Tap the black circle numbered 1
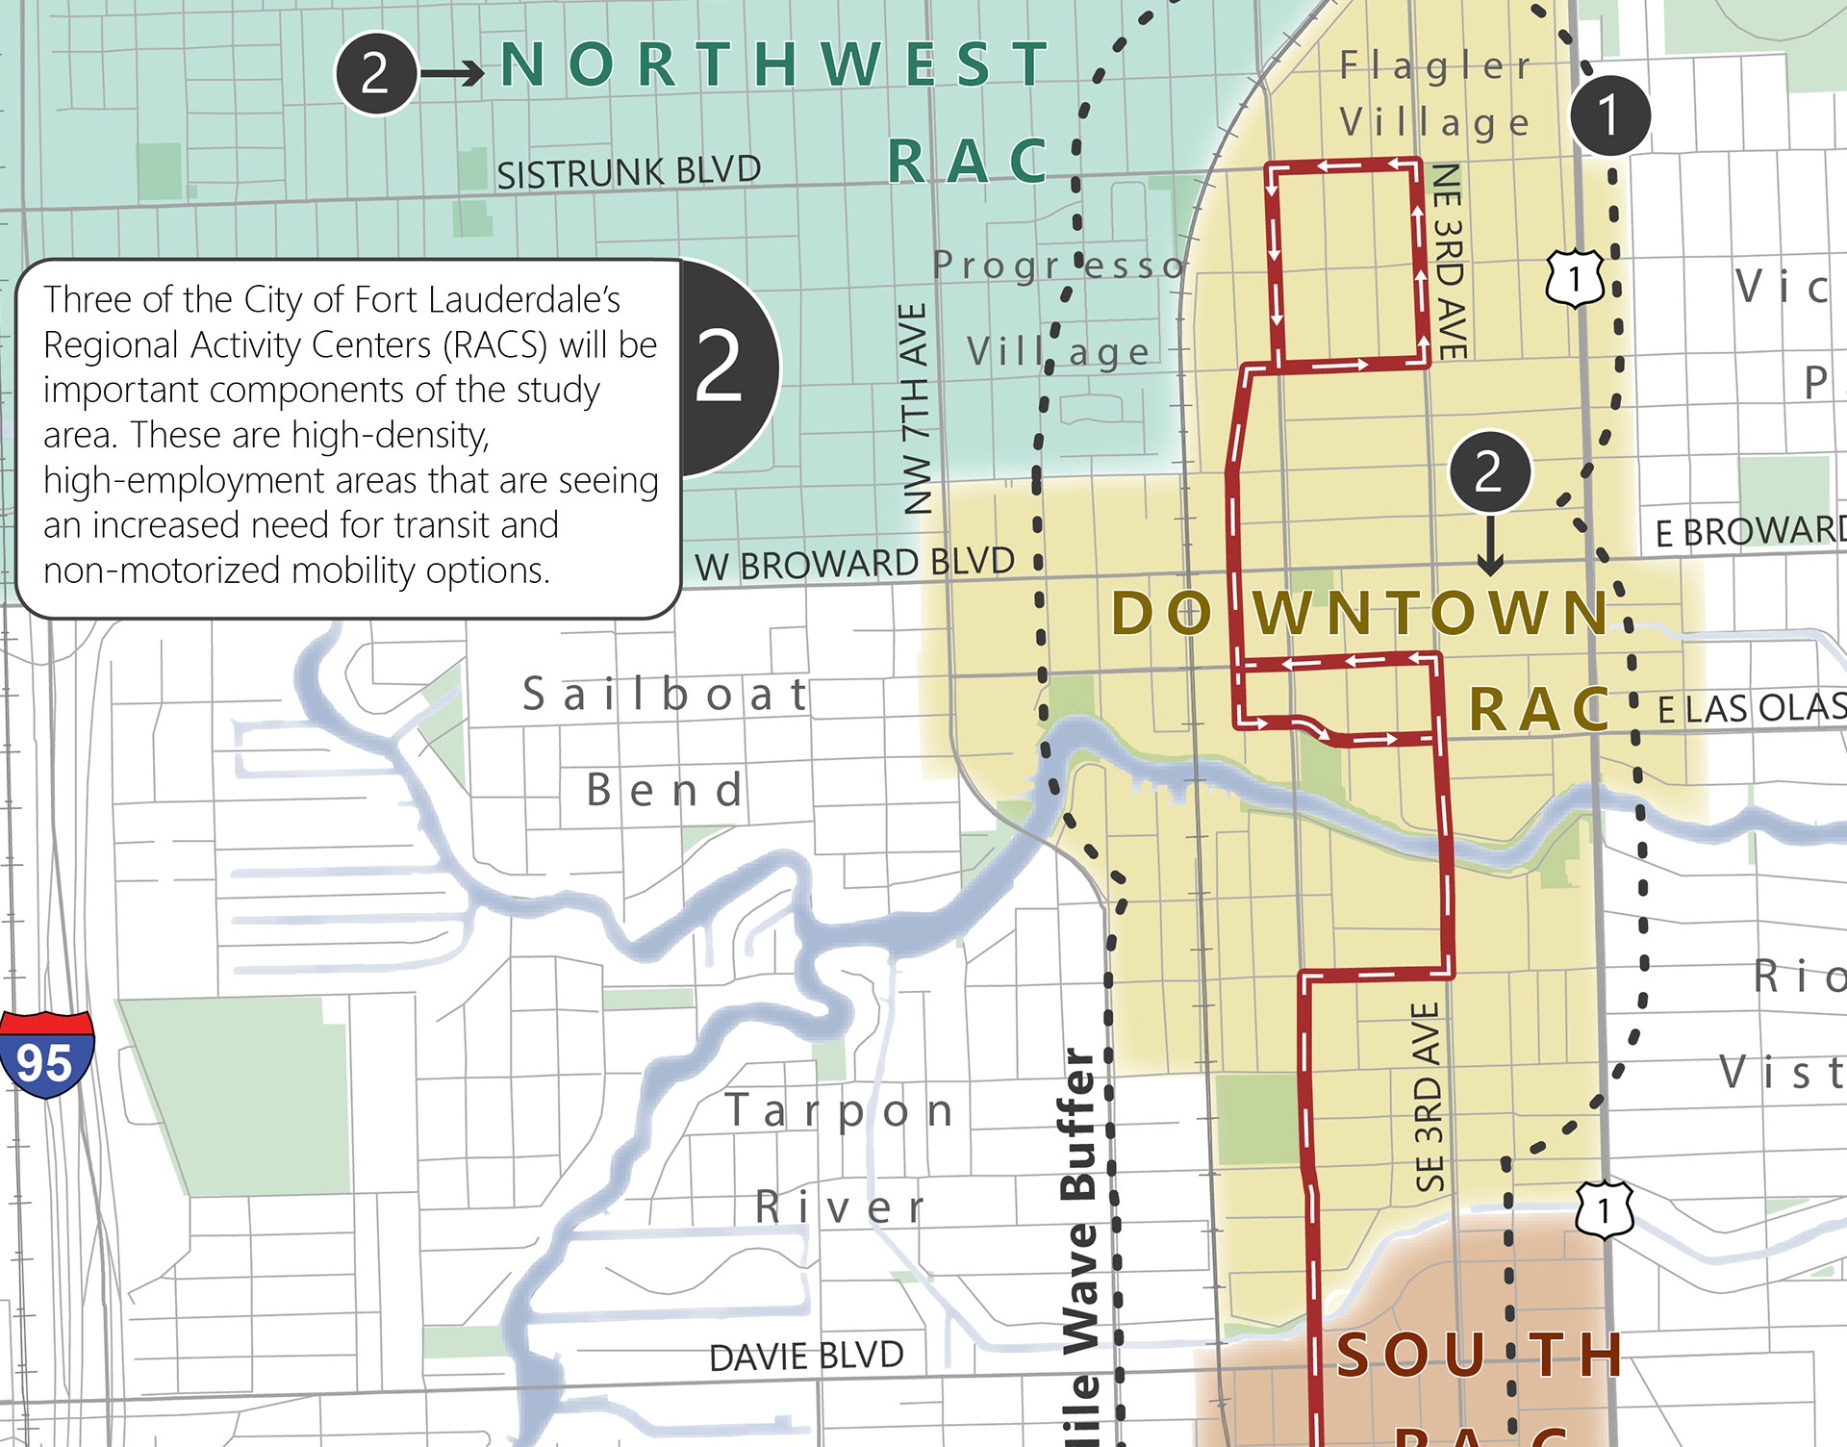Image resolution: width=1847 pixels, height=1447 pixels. coord(1609,114)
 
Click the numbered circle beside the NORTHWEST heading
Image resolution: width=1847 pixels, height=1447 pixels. coord(375,73)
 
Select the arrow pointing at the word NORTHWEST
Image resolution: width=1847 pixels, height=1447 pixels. coord(453,73)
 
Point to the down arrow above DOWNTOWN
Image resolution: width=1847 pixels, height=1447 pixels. coord(1490,546)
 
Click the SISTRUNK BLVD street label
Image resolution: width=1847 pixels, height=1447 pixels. coord(628,172)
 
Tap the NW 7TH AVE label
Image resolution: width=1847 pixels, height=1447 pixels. coord(915,408)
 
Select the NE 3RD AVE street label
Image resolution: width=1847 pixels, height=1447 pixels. coord(1449,261)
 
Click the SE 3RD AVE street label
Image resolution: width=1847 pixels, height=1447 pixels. coord(1429,1097)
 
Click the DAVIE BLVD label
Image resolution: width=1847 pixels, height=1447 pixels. coord(806,1357)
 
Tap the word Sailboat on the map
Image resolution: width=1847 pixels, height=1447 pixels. coord(666,695)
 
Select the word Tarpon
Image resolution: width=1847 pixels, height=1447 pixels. coord(839,1111)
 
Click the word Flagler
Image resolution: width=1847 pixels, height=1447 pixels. coord(1435,65)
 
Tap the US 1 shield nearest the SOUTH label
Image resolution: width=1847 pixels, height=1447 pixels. coord(1604,1209)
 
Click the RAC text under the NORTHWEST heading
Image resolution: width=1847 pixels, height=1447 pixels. coord(967,161)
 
